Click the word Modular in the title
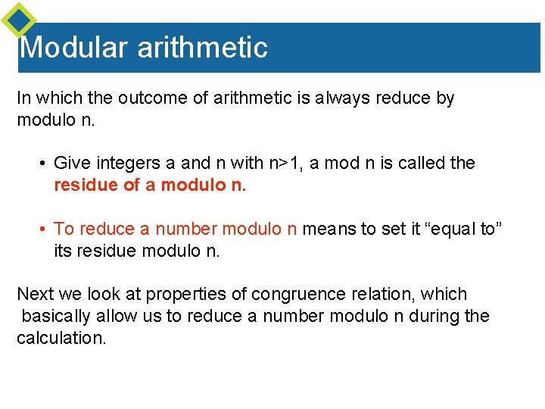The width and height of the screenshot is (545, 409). [x=74, y=48]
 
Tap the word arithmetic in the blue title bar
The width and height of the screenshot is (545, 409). [x=202, y=48]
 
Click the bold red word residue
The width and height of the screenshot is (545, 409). [x=85, y=185]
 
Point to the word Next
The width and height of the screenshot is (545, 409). [x=35, y=295]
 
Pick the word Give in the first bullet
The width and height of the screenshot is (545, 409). [x=71, y=164]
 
